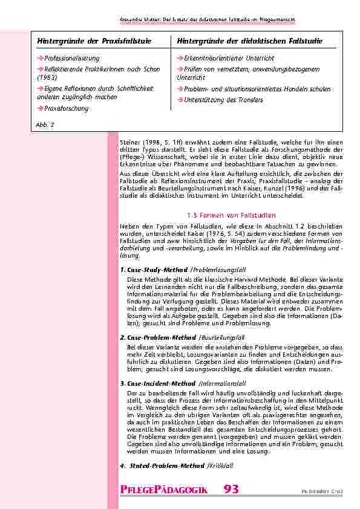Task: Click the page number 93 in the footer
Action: click(x=231, y=488)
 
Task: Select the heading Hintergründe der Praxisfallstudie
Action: click(x=94, y=41)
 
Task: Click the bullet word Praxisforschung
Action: click(x=65, y=108)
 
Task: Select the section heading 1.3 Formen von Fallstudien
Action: click(x=231, y=215)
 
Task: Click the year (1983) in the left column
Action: click(x=47, y=77)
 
